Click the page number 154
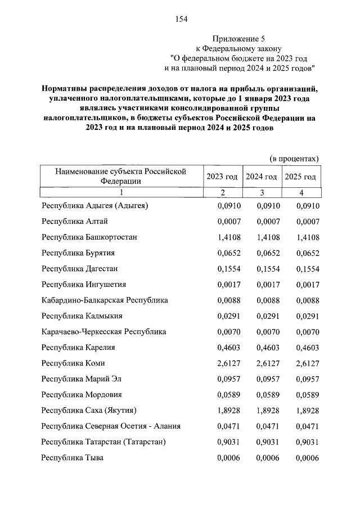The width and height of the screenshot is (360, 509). (x=181, y=19)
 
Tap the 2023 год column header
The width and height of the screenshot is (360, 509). (x=222, y=177)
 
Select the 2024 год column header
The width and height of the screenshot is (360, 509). (x=261, y=177)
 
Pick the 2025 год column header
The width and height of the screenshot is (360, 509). (x=300, y=177)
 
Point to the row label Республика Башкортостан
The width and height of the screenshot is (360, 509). (x=89, y=237)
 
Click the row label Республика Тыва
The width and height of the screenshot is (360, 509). (x=73, y=458)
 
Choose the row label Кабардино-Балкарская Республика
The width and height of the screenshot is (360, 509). (x=105, y=300)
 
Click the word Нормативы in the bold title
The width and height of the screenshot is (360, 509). (x=67, y=89)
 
